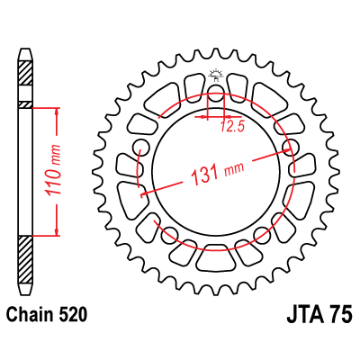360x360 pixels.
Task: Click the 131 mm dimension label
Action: point(218,174)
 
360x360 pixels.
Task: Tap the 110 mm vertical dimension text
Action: point(53,169)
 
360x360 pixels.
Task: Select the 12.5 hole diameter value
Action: point(232,127)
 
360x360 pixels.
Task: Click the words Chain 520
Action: point(47,315)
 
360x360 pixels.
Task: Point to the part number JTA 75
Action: point(319,315)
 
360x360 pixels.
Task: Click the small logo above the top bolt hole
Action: point(216,75)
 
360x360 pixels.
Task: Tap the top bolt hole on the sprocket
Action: point(216,93)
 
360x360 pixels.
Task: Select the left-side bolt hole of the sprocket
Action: point(141,148)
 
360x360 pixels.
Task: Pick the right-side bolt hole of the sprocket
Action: point(291,148)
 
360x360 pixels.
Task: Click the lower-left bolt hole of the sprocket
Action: point(169,235)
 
